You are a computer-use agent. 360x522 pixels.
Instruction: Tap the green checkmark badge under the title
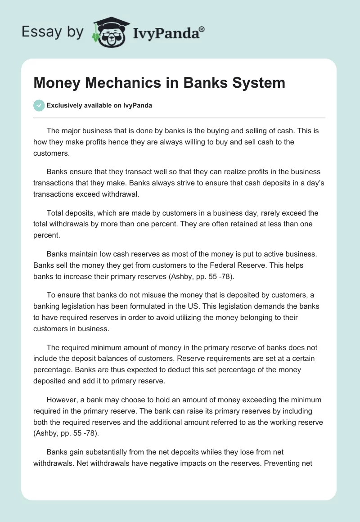pyautogui.click(x=39, y=105)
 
